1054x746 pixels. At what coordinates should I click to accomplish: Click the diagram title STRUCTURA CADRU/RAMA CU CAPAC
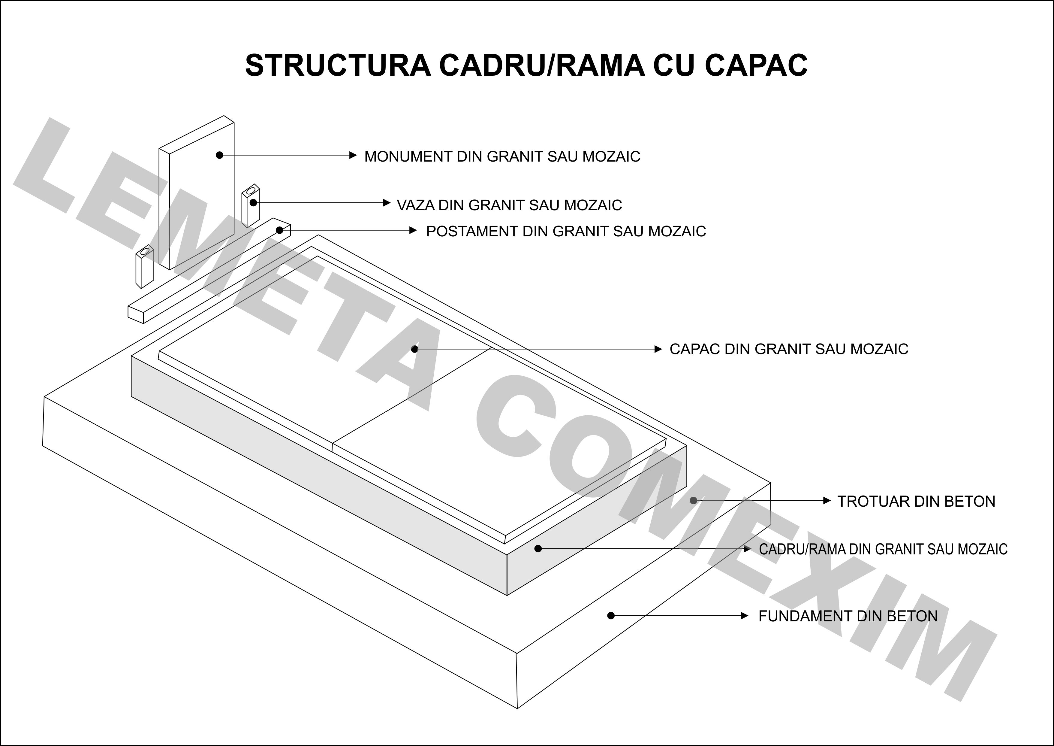(x=526, y=65)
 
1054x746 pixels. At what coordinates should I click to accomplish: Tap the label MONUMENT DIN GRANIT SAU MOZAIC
(x=502, y=157)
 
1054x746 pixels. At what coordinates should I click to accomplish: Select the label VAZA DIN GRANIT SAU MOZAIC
(x=509, y=205)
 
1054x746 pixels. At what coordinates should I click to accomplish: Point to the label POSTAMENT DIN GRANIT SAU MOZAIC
(x=566, y=231)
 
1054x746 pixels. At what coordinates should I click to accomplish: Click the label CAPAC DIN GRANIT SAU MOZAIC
(x=789, y=349)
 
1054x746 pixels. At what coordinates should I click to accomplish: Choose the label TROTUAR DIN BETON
(x=916, y=501)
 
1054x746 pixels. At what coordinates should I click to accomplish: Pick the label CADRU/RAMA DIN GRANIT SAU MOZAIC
(x=883, y=549)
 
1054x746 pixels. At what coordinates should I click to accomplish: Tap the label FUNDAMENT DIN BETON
(x=848, y=616)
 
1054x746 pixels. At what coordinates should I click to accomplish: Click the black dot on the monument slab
(x=219, y=155)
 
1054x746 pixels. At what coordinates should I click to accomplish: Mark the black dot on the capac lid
(x=414, y=349)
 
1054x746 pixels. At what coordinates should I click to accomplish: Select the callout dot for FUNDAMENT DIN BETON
(x=610, y=616)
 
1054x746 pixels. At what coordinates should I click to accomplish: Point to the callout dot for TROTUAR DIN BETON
(x=694, y=500)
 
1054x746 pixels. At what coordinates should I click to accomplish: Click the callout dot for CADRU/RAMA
(x=538, y=548)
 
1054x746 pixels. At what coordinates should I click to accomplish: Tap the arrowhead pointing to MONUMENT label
(x=353, y=155)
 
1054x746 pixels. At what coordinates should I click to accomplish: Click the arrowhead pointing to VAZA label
(x=387, y=203)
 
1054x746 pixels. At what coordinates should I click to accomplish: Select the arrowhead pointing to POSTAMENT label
(x=413, y=230)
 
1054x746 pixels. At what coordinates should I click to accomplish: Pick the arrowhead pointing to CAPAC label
(x=658, y=349)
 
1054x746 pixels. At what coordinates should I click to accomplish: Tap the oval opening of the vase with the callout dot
(x=251, y=190)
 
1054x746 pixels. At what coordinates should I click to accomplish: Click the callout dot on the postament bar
(x=280, y=230)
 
